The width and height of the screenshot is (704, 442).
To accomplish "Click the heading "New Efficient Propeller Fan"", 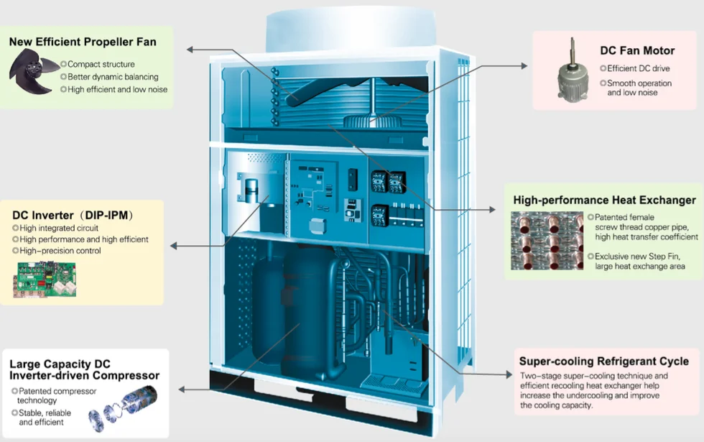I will pos(83,42).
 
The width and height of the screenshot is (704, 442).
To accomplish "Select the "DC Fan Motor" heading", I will pos(637,50).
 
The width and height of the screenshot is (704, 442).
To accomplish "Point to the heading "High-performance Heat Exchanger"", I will pos(604,200).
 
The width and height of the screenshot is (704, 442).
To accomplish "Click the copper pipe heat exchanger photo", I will pos(547,241).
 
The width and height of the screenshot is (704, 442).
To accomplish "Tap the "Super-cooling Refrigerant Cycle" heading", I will pos(603,361).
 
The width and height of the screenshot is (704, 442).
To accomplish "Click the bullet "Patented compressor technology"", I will pos(47,395).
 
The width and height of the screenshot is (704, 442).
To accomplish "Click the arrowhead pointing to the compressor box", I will pos(182,389).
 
